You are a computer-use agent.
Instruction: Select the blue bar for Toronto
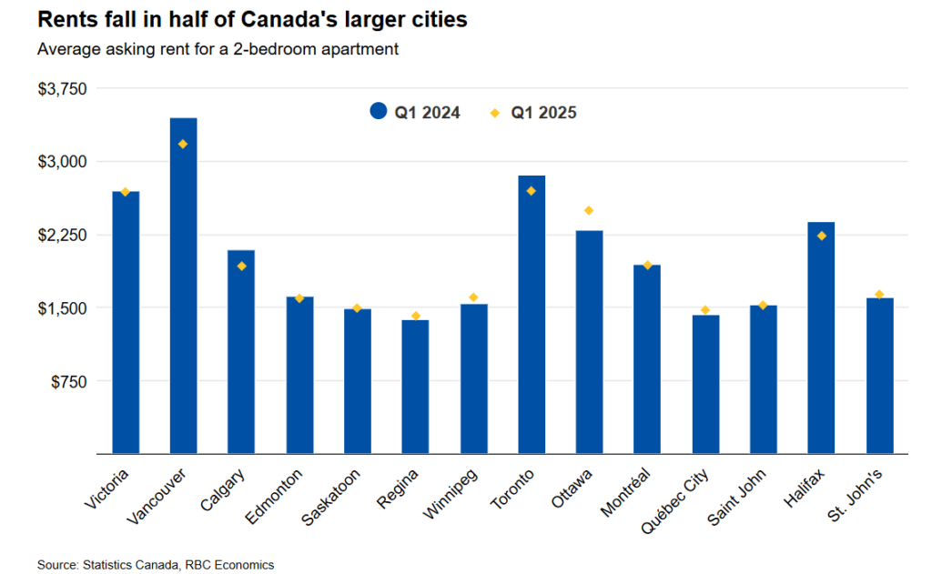click(532, 314)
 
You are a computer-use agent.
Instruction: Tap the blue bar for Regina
click(415, 386)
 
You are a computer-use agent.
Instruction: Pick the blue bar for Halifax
click(821, 337)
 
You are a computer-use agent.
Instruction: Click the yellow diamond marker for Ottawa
click(589, 210)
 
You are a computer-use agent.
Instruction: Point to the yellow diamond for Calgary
click(241, 266)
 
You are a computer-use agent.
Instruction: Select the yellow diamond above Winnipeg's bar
click(473, 297)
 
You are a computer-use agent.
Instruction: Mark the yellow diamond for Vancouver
click(183, 144)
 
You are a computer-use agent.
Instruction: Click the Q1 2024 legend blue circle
click(379, 112)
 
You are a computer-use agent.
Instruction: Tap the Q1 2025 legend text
click(543, 113)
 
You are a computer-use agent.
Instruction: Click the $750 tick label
click(69, 381)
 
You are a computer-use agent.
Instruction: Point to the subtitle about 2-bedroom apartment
click(218, 48)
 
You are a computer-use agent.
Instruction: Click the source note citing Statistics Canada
click(155, 565)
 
